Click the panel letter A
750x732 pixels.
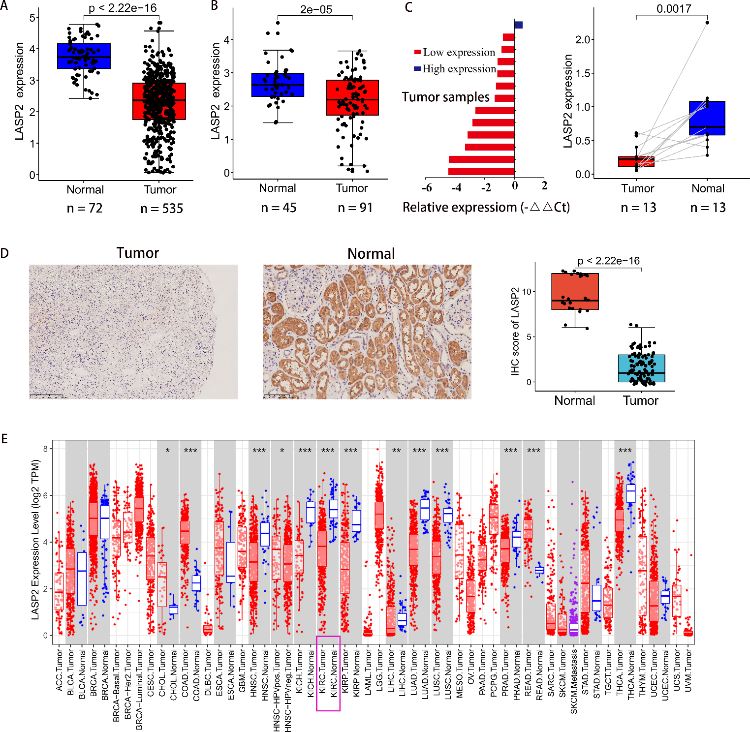[x=4, y=6]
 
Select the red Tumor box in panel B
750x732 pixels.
[x=352, y=97]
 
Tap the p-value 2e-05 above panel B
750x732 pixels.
[x=316, y=9]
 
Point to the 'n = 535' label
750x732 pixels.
[x=161, y=209]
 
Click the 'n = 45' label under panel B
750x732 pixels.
[x=279, y=208]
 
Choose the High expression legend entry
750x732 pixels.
[x=455, y=69]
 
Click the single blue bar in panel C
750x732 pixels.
[x=518, y=25]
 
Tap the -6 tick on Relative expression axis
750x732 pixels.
[x=427, y=187]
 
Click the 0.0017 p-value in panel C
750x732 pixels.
[x=674, y=9]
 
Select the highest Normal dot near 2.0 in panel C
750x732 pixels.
[x=707, y=22]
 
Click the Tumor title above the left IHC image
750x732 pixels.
[x=138, y=253]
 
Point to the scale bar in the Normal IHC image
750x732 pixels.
[x=276, y=395]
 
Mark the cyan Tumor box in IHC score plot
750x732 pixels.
[x=641, y=368]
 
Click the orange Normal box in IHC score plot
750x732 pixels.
[x=575, y=291]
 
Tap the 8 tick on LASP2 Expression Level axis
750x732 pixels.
[x=45, y=449]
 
